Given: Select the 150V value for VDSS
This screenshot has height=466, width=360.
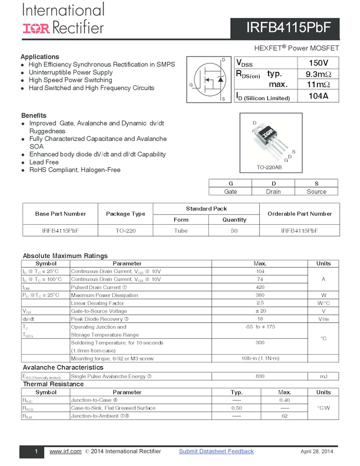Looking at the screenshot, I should pos(318,62).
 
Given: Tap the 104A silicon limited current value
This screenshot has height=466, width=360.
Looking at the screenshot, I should pos(318,96).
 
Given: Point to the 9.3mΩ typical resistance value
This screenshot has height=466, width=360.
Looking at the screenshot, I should pos(318,74).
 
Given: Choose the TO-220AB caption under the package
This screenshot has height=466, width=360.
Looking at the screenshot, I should pos(269,167).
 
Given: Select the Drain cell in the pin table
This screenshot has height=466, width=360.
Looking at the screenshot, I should pos(273,191).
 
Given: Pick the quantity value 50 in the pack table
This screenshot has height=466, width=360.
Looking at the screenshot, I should pos(235,231).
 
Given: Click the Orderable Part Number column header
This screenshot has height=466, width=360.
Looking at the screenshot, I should pos(299,214).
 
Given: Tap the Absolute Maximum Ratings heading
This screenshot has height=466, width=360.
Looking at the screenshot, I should pos(65,256).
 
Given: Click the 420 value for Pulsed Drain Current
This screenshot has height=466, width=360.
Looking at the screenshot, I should pos(260,287).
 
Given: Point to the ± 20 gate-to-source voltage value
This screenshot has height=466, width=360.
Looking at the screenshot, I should pos(260,311).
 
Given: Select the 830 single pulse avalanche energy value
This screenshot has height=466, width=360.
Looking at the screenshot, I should pos(260,377).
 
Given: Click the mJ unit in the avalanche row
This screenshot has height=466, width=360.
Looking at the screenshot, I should pos(323,377).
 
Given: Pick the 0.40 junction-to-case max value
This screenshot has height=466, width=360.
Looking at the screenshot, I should pos(284,400).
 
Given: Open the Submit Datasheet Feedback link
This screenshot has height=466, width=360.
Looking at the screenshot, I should pos(216,451).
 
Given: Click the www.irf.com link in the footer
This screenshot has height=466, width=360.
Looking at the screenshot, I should pos(65,451).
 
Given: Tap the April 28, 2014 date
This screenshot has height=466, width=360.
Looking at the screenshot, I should pos(317,452).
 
